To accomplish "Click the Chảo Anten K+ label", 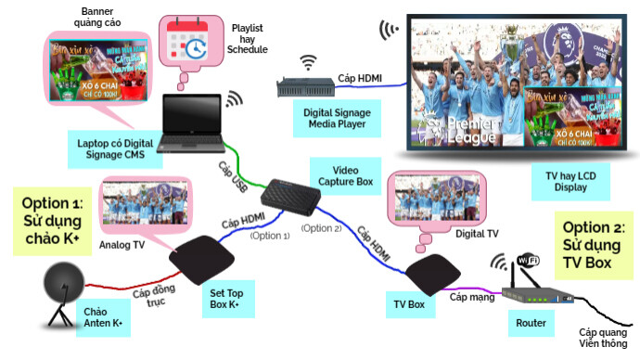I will pyautogui.click(x=103, y=316).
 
